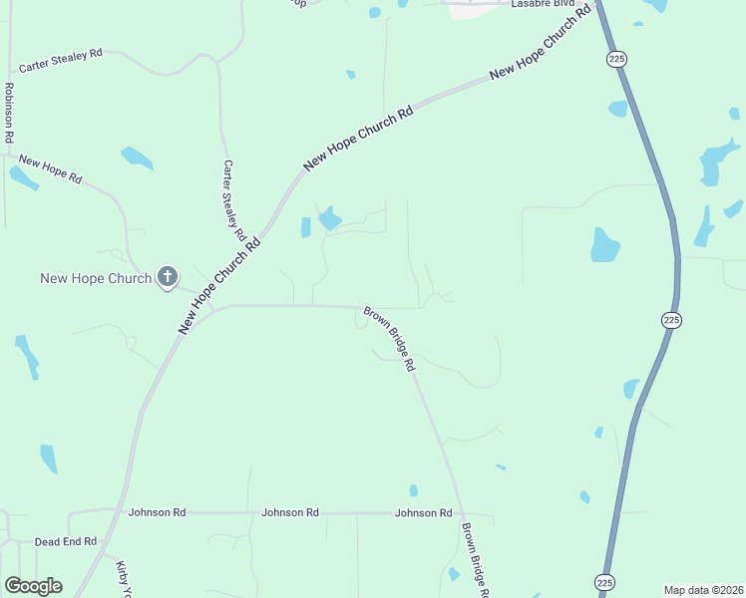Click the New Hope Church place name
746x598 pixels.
[96, 278]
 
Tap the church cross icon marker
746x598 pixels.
[168, 277]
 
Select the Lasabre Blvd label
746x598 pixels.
[543, 4]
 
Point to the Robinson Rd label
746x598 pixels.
[8, 112]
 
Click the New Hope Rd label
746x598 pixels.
[50, 168]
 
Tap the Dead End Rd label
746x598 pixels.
[66, 541]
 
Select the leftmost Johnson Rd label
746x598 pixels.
[157, 512]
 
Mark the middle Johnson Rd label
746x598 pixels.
[290, 512]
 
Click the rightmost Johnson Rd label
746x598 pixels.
[424, 512]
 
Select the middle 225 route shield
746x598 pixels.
[670, 320]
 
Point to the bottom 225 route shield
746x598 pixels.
[604, 581]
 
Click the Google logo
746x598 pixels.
[33, 586]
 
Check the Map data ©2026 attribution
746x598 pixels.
[703, 590]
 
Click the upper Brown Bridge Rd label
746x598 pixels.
[389, 339]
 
